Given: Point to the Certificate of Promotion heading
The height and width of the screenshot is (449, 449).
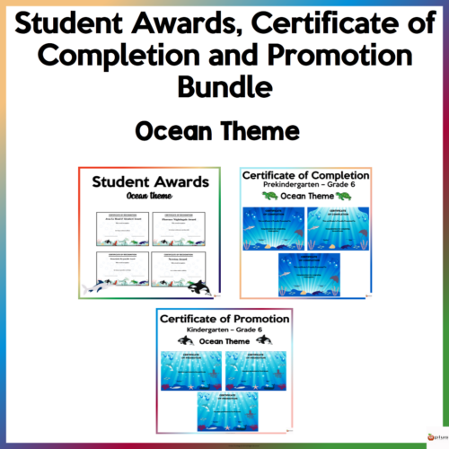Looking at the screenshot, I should pos(224,319).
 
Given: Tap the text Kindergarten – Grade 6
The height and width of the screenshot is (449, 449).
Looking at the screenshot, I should pos(224,330).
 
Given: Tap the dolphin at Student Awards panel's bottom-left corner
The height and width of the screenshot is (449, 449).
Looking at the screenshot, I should pos(93,287).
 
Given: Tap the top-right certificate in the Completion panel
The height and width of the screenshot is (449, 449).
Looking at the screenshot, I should pos(338,227).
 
